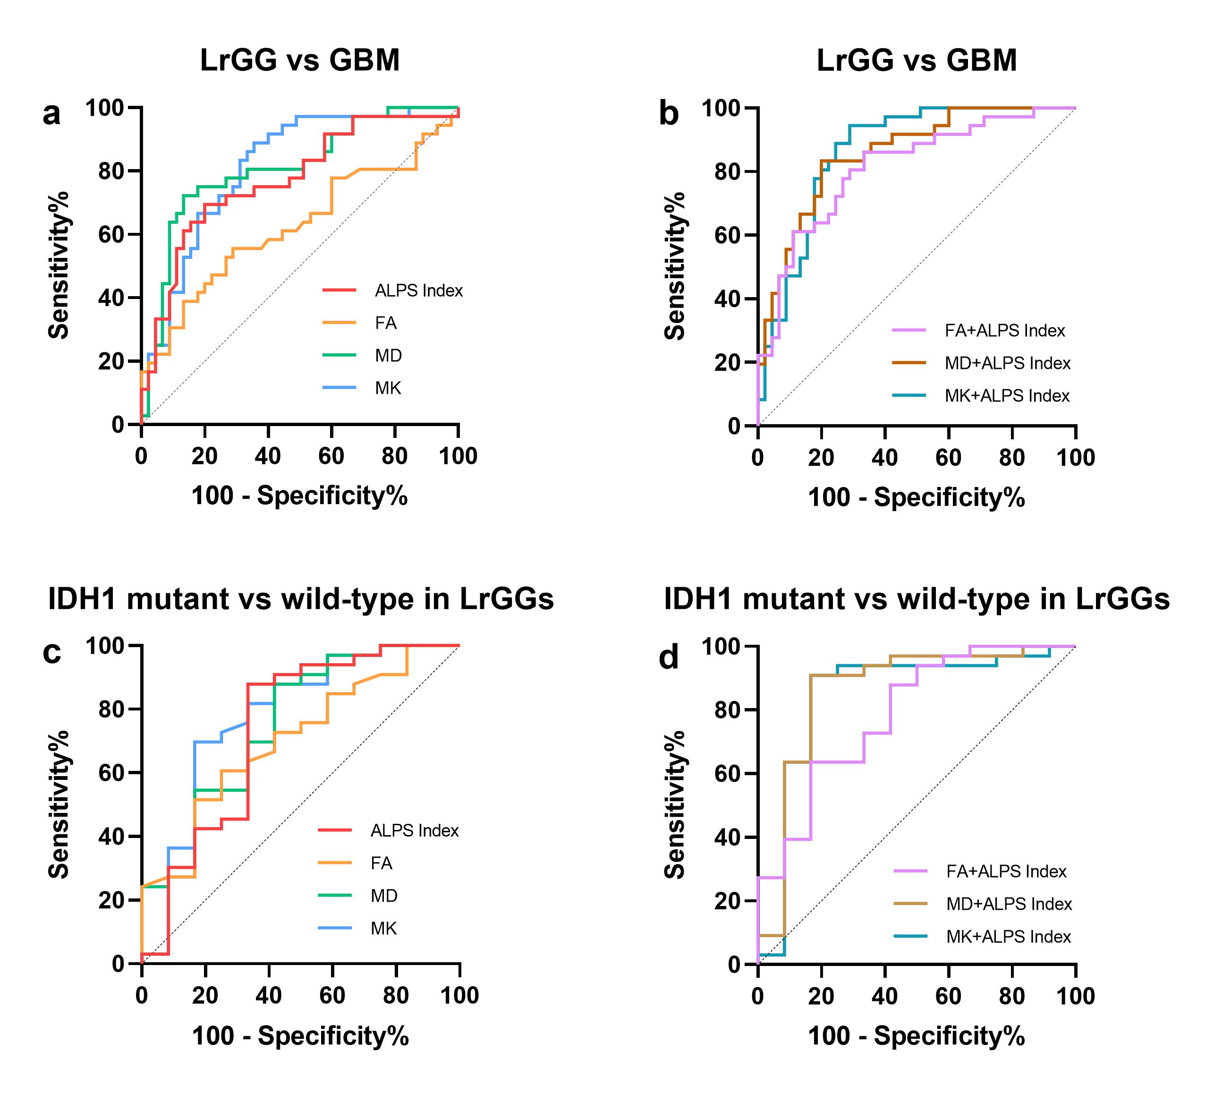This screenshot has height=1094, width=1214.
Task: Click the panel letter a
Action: (x=51, y=114)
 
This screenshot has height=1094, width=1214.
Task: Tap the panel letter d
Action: (x=668, y=657)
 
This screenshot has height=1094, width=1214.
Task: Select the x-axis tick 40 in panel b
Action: (x=885, y=458)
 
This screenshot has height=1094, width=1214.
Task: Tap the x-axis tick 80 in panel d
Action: (x=1012, y=996)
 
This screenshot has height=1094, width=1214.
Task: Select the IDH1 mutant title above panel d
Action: (x=917, y=599)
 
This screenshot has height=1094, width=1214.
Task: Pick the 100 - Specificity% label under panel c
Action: (x=300, y=1036)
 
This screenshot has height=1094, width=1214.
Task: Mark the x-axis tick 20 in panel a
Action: (x=204, y=457)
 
